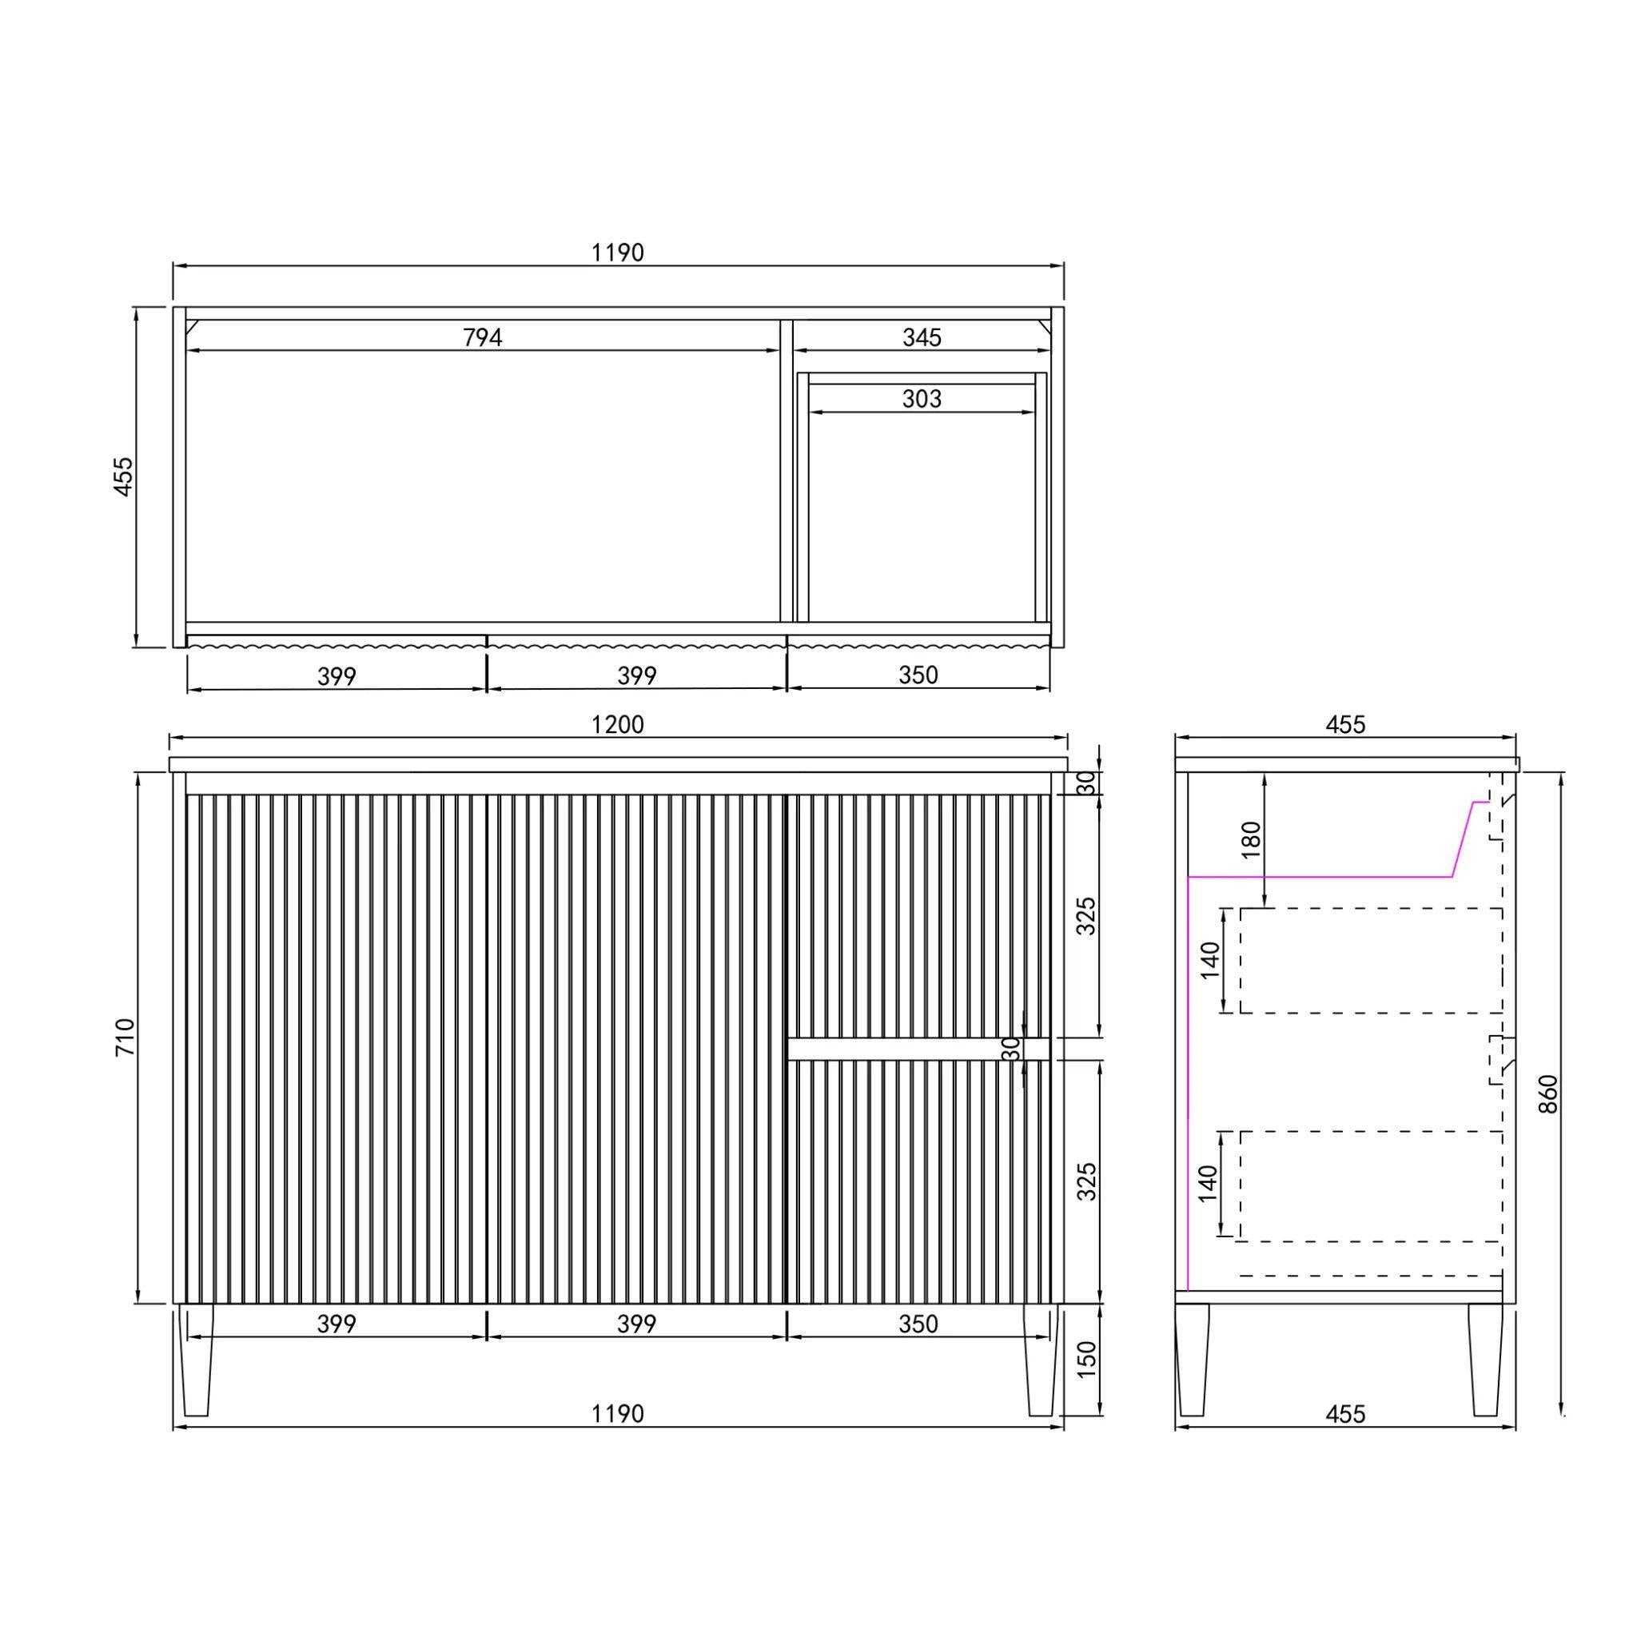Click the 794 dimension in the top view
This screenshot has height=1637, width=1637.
tap(482, 338)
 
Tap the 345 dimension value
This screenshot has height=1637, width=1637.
tap(922, 338)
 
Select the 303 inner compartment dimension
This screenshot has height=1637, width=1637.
tap(922, 399)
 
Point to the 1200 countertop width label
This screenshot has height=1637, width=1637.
tap(618, 724)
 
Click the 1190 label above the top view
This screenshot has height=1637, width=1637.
tap(618, 253)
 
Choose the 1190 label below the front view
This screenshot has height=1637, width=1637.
tap(618, 1413)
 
